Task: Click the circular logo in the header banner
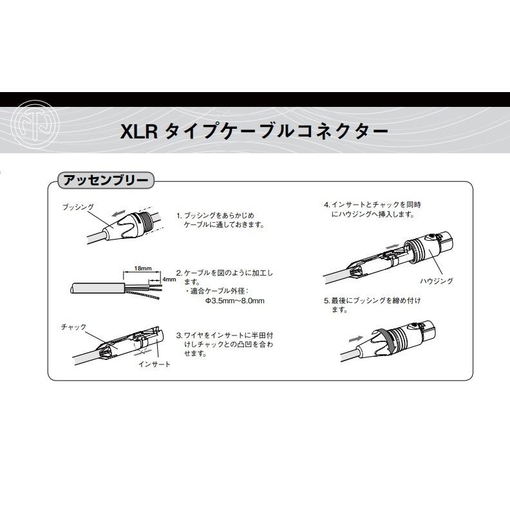point(35,125)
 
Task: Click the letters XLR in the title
point(139,132)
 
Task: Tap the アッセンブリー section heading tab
point(106,180)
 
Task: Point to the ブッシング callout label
point(78,207)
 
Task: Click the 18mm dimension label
point(143,269)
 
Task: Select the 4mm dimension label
point(169,279)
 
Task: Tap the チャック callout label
point(74,326)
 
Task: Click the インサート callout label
point(155,364)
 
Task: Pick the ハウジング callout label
point(437,281)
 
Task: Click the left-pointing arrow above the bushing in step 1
point(118,213)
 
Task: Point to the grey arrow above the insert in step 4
point(392,247)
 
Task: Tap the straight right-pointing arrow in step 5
point(356,339)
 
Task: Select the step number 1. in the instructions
point(180,216)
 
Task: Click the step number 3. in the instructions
point(180,335)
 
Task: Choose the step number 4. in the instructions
point(327,205)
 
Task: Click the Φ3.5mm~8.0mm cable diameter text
point(234,301)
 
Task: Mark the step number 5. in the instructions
point(327,301)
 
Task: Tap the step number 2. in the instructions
point(180,273)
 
